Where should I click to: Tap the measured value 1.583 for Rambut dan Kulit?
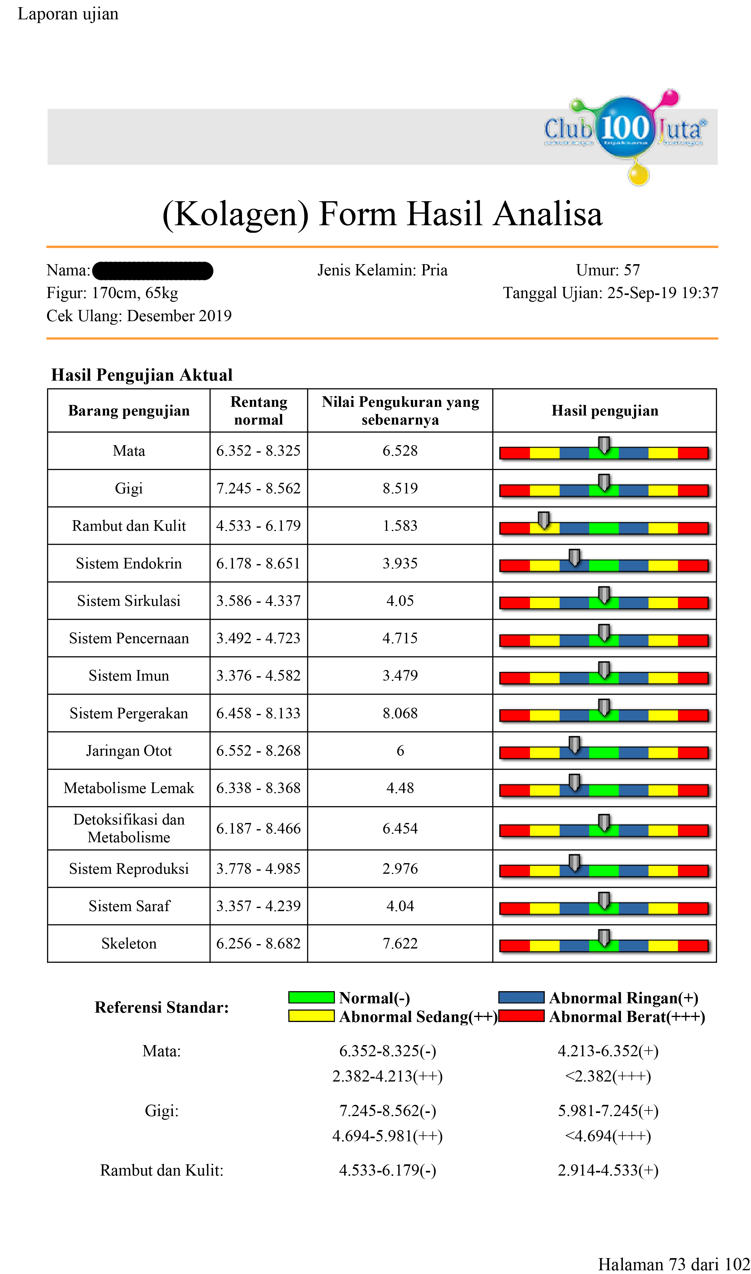tap(400, 526)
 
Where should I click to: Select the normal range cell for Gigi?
tap(258, 488)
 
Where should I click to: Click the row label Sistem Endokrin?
tap(129, 563)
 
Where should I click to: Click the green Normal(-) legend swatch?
tap(311, 997)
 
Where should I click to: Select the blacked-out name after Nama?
tap(153, 271)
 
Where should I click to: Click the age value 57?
tap(632, 270)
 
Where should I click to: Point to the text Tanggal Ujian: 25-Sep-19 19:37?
tap(610, 293)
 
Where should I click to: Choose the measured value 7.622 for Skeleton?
tap(400, 944)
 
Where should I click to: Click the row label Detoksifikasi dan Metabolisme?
tap(129, 828)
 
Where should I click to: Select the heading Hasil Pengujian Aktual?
tap(142, 375)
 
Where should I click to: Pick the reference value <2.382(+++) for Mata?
tap(608, 1076)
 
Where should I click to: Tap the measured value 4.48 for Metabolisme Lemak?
tap(400, 788)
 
